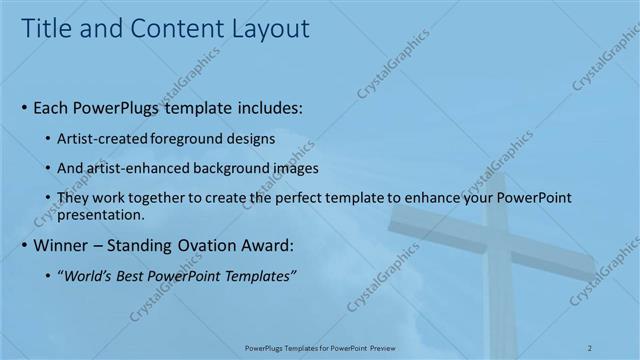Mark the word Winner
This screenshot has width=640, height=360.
(61, 246)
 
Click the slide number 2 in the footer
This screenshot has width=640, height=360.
(590, 347)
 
